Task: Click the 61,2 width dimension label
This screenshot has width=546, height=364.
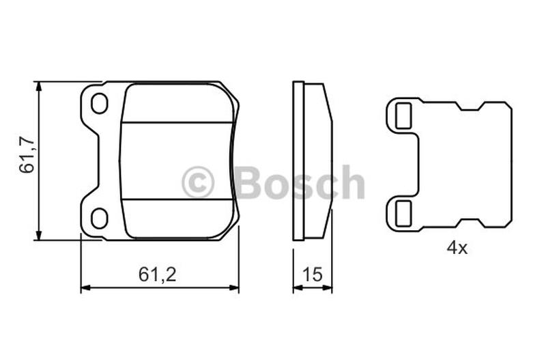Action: pyautogui.click(x=158, y=274)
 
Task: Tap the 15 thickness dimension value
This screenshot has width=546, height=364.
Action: pyautogui.click(x=313, y=274)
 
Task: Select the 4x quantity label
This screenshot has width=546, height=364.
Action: pyautogui.click(x=457, y=248)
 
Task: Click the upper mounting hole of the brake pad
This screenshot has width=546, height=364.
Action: pyautogui.click(x=99, y=103)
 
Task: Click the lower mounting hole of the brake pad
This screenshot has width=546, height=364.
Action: pyautogui.click(x=99, y=218)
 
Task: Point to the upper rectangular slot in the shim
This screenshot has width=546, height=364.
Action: pyautogui.click(x=403, y=116)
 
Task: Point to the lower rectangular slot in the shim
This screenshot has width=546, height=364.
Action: pyautogui.click(x=403, y=213)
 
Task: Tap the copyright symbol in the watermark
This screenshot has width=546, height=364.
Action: pyautogui.click(x=198, y=182)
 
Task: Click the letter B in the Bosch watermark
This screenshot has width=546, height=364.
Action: pyautogui.click(x=250, y=182)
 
